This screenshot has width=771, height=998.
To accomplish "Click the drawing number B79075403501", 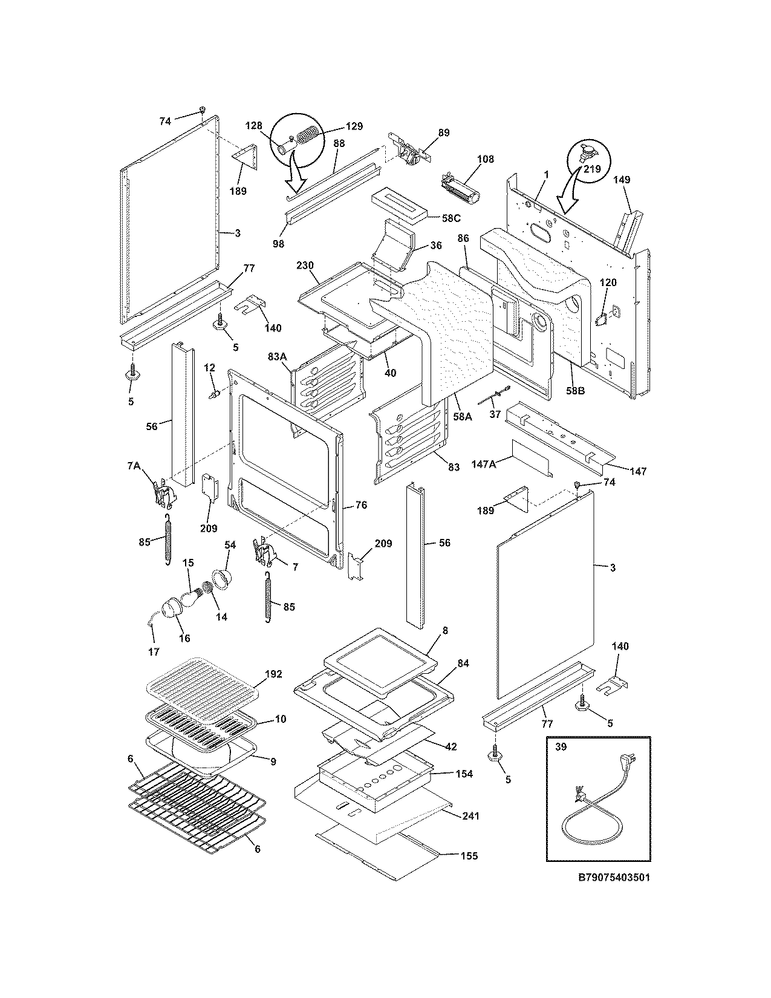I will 614,877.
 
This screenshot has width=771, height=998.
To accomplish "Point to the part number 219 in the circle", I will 591,169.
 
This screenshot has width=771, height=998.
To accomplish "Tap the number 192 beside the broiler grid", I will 273,674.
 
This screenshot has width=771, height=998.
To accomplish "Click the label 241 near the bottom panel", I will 470,816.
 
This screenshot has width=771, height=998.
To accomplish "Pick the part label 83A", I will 278,357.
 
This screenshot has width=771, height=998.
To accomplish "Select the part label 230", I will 305,265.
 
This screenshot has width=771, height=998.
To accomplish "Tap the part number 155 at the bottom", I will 469,855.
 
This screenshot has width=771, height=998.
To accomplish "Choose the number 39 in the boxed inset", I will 561,747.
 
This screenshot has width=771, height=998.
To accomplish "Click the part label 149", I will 622,179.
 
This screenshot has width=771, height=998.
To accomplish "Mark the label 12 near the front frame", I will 209,368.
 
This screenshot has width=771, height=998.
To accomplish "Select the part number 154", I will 465,774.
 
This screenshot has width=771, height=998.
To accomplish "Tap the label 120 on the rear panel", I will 608,282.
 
